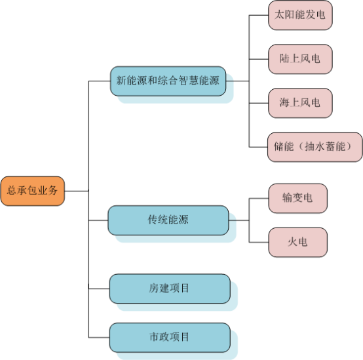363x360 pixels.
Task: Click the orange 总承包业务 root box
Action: pyautogui.click(x=33, y=191)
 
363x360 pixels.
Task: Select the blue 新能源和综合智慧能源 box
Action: pyautogui.click(x=168, y=81)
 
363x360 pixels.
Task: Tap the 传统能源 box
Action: pyautogui.click(x=168, y=220)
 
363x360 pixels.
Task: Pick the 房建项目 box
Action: pyautogui.click(x=170, y=289)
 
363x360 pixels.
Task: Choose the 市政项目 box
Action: pyautogui.click(x=170, y=338)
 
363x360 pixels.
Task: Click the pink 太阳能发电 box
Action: pyautogui.click(x=300, y=15)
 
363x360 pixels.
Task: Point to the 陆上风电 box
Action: pyautogui.click(x=300, y=59)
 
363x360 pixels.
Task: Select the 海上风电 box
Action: pyautogui.click(x=300, y=103)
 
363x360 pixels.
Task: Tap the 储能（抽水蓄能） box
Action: pyautogui.click(x=315, y=147)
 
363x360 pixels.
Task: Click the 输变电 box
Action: pyautogui.click(x=298, y=198)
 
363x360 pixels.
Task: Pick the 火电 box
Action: pyautogui.click(x=298, y=243)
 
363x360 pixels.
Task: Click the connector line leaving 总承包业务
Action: pyautogui.click(x=77, y=191)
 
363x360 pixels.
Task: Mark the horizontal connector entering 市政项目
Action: pyautogui.click(x=99, y=338)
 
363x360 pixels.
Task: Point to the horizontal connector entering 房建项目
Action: pyautogui.click(x=99, y=289)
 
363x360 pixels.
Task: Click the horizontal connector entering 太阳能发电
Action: pyautogui.click(x=259, y=15)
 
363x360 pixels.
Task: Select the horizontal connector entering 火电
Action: pyautogui.click(x=259, y=243)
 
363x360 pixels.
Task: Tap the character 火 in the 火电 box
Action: pyautogui.click(x=293, y=242)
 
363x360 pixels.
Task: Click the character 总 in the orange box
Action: pyautogui.click(x=12, y=190)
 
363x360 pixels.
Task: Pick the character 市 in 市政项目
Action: pyautogui.click(x=155, y=337)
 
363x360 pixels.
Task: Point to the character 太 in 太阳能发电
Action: pyautogui.click(x=280, y=14)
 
